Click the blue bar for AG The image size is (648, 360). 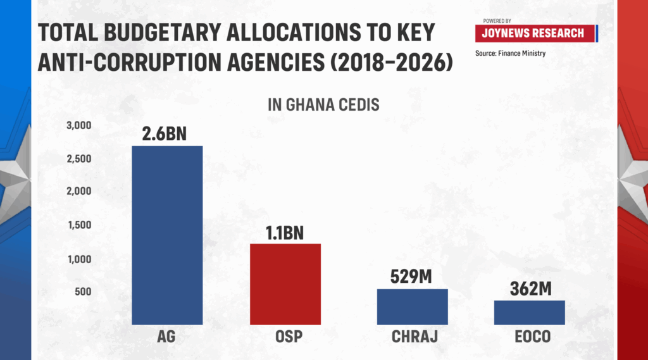click(167, 235)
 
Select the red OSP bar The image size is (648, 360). click(285, 284)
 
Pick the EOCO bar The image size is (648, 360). click(529, 313)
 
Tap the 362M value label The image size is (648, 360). click(530, 289)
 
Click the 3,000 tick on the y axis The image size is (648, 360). click(79, 126)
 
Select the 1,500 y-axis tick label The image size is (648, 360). click(80, 225)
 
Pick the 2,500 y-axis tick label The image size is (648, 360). click(79, 159)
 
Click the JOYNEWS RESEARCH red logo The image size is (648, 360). click(535, 34)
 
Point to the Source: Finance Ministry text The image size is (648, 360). click(510, 53)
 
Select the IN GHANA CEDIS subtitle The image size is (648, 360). click(323, 104)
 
